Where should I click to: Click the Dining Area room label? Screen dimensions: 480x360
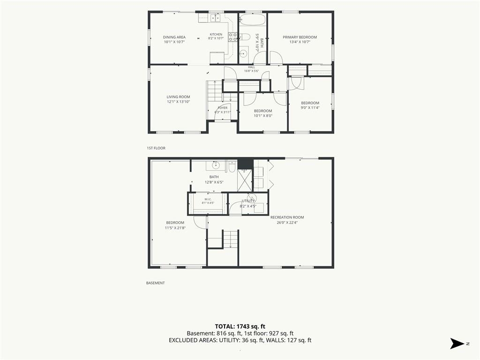(x=174, y=37)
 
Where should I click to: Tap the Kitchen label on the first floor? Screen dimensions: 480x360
(x=216, y=34)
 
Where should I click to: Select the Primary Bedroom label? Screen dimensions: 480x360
(x=300, y=37)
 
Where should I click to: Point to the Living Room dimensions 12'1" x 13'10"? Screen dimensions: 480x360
(x=179, y=102)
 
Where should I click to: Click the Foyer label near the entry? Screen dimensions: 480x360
(x=223, y=108)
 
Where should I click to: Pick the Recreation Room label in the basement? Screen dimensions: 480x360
(x=287, y=217)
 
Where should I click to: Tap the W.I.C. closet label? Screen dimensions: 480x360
(x=208, y=199)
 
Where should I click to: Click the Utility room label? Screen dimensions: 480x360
(x=248, y=201)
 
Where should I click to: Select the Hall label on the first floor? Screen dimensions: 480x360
(x=251, y=67)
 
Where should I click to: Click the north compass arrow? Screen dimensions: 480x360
(x=457, y=344)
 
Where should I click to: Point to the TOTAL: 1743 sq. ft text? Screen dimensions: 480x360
(x=240, y=326)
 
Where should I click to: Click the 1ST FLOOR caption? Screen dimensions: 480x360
(x=156, y=148)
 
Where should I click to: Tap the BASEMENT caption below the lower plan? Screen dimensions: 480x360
(x=156, y=283)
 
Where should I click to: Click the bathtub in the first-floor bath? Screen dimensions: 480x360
(x=252, y=20)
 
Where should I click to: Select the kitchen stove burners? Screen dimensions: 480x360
(x=232, y=37)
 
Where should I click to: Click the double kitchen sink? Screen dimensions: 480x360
(x=215, y=18)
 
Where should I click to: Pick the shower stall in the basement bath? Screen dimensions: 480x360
(x=245, y=180)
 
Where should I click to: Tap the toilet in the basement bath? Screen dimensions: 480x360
(x=232, y=167)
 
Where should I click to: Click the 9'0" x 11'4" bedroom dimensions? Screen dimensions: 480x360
(x=310, y=107)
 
